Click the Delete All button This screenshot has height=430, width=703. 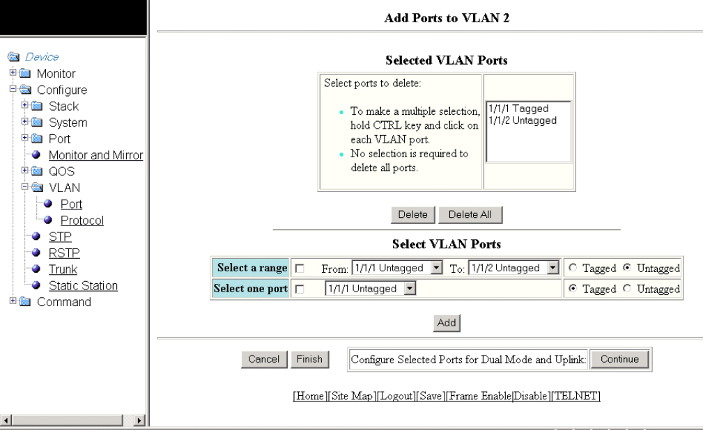coord(470,215)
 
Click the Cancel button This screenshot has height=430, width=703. coord(263,359)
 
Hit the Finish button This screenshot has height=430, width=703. coord(309,359)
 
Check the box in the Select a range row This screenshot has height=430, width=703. coord(300,269)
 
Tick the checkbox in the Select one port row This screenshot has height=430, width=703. coord(300,289)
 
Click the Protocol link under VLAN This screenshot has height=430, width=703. coord(82,221)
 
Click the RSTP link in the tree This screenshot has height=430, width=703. coord(64,253)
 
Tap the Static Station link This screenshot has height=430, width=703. coord(83,285)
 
